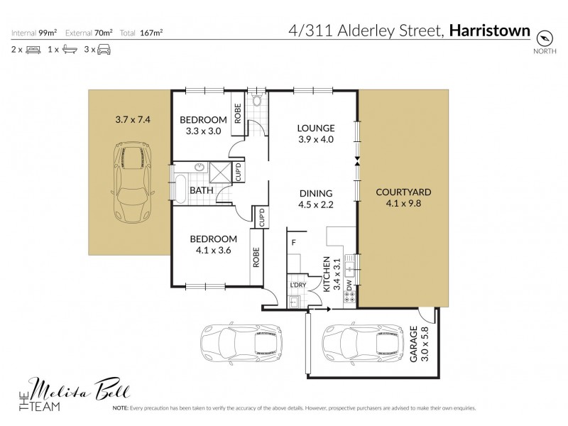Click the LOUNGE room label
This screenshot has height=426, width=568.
316,129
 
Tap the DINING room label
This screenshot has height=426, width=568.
317,192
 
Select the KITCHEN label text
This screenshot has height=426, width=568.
327,274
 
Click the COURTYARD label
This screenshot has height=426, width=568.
403,192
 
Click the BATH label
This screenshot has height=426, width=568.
201,190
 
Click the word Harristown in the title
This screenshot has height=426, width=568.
491,31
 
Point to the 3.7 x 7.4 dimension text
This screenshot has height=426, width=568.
133,120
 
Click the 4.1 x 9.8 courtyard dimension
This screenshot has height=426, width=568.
403,204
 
